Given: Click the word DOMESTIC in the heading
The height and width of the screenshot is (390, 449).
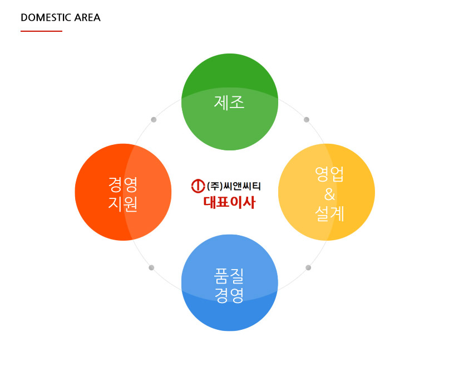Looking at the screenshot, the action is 46,17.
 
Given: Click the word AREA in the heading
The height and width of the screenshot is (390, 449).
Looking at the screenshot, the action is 87,17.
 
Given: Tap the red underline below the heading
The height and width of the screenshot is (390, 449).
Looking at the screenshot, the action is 41,31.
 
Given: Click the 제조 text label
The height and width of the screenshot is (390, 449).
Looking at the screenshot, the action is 229,103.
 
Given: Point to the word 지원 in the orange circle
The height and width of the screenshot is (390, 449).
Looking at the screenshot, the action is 123,204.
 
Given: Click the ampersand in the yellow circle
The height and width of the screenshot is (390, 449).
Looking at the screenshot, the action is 329,194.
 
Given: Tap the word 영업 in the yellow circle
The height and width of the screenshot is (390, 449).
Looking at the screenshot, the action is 329,174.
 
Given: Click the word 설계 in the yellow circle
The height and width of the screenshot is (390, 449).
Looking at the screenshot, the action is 329,213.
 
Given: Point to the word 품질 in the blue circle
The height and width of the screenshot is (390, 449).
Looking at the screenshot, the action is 229,276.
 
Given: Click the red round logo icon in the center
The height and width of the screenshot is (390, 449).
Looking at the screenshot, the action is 198,186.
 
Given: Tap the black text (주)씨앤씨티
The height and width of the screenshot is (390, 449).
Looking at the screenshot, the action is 234,186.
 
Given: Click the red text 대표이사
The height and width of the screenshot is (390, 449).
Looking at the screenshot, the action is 229,202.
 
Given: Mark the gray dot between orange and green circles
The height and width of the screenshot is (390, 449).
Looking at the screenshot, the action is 154,120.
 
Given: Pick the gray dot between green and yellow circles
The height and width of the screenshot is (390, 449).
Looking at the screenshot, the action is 307,120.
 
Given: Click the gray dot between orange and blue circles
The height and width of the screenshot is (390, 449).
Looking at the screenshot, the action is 151,267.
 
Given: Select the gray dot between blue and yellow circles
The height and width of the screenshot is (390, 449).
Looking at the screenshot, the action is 308,267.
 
